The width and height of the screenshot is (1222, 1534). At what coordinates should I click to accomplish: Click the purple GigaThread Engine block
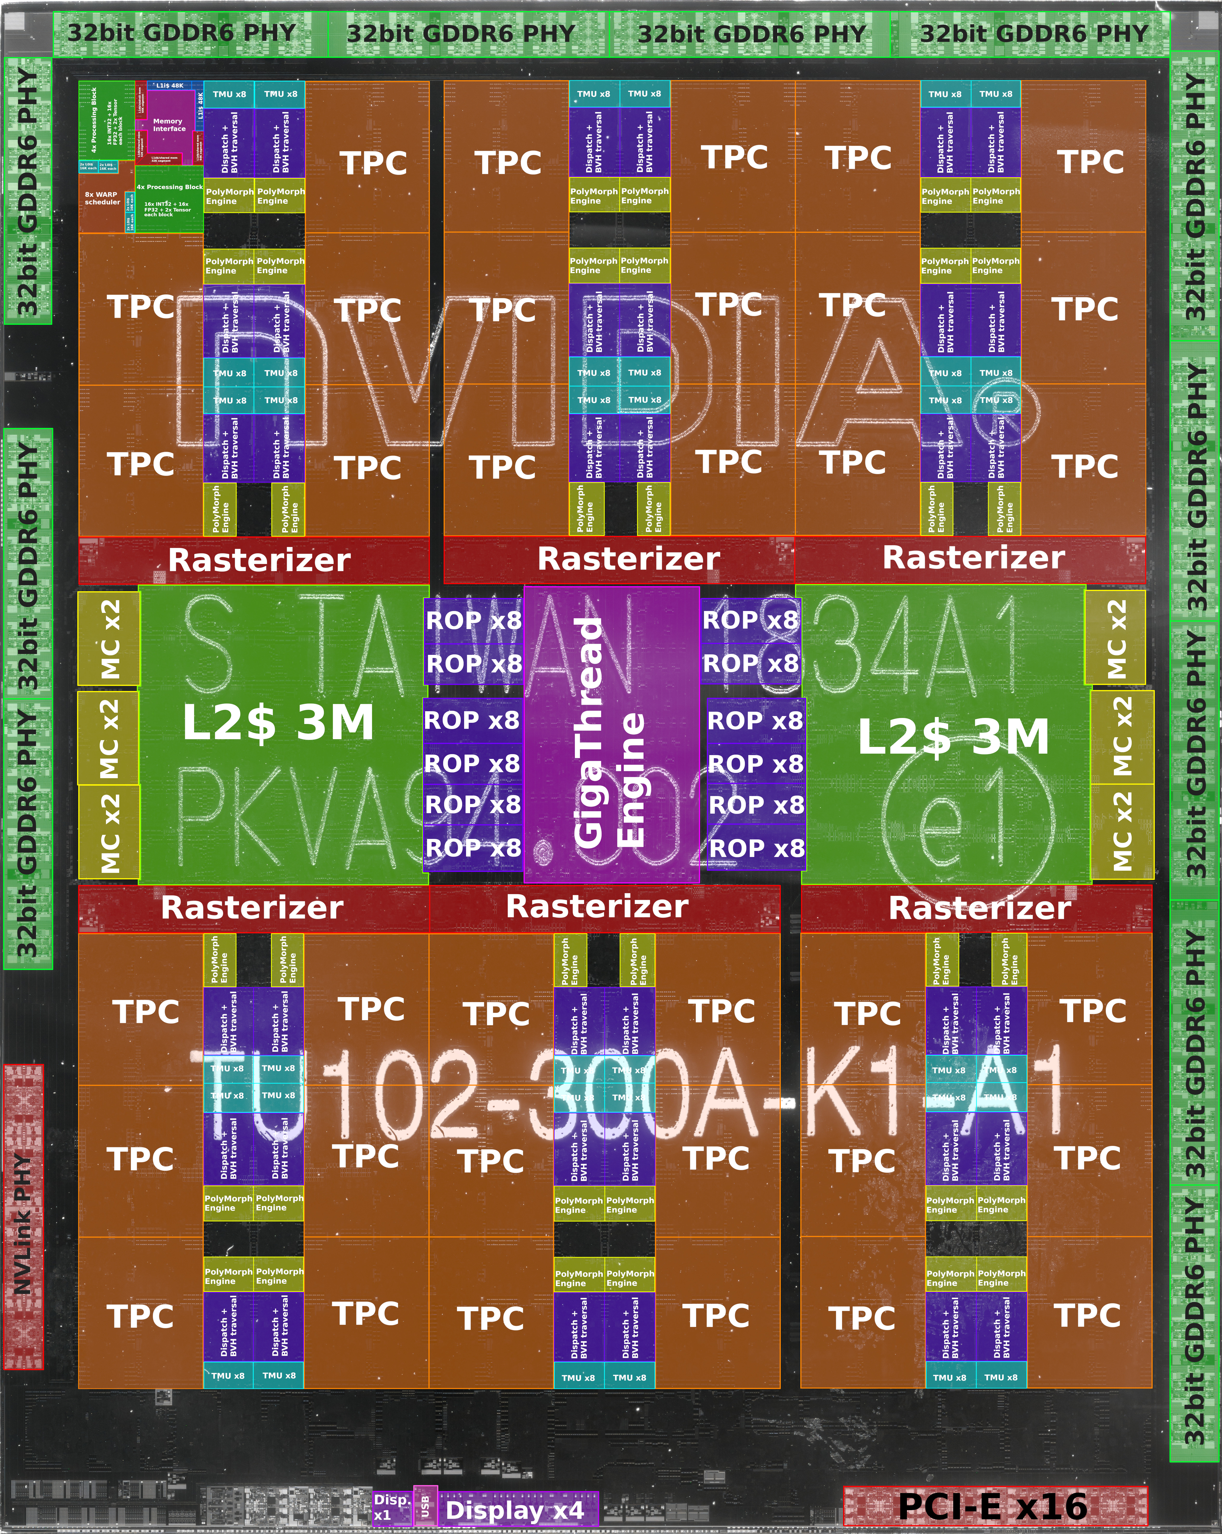(x=612, y=733)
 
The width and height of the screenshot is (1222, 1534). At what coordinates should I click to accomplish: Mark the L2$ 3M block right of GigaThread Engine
(x=953, y=737)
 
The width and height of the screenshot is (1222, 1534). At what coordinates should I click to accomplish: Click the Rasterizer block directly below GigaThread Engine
(x=598, y=907)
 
